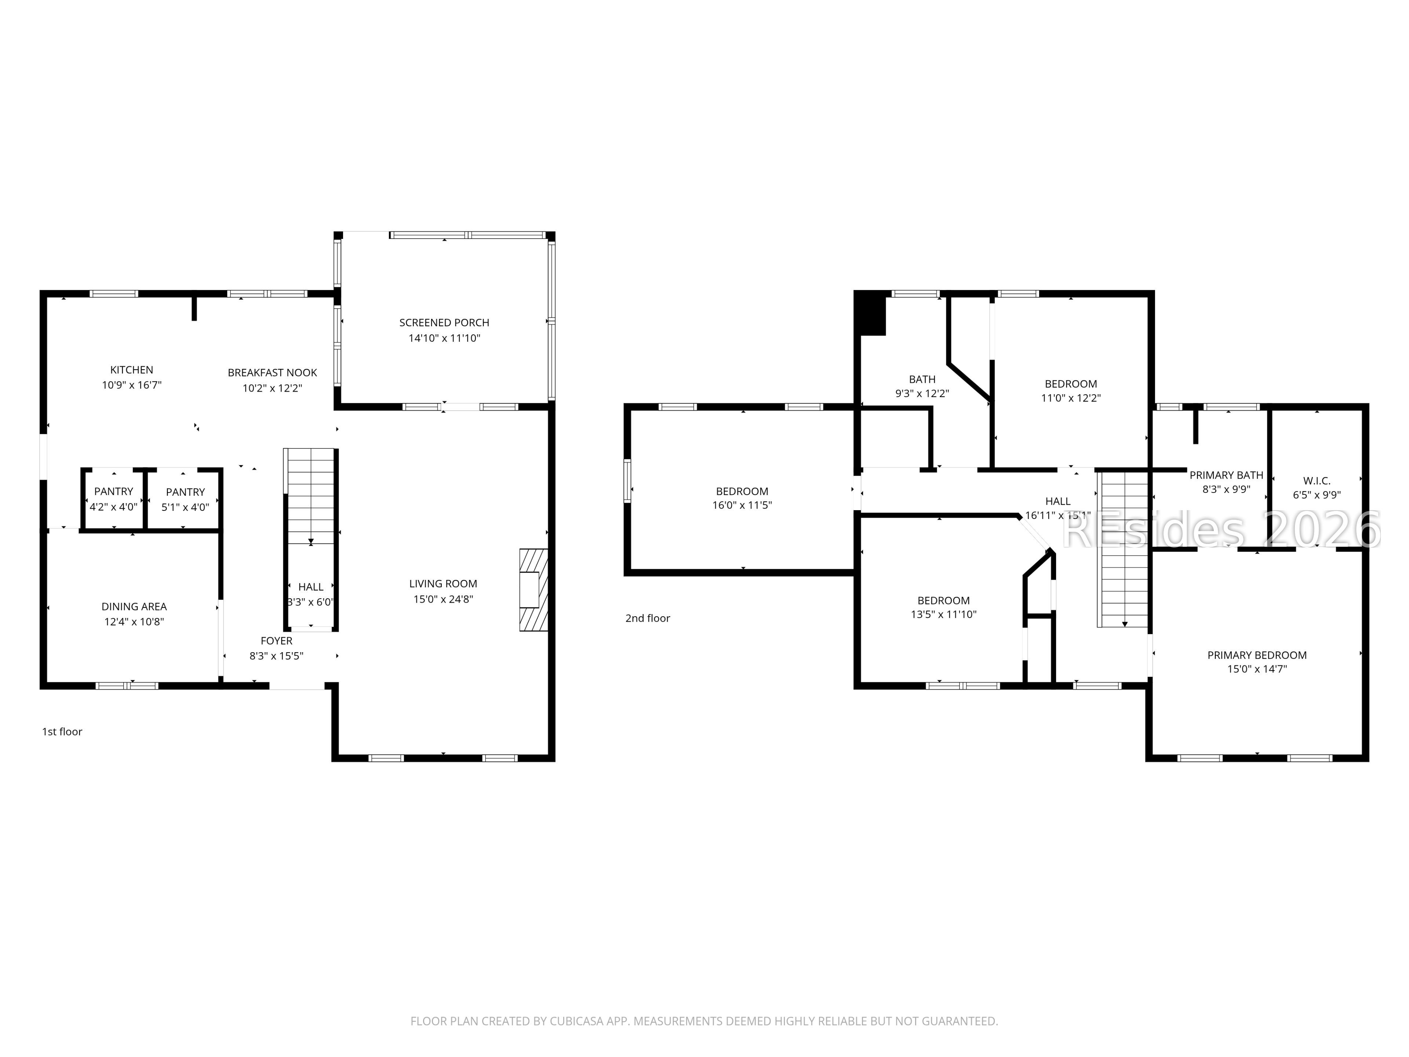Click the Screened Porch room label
[x=444, y=322]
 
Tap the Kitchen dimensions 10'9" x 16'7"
[x=132, y=385]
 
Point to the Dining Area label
[x=134, y=607]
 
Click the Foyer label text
[x=276, y=641]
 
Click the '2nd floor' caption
[x=647, y=618]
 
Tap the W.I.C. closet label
[x=1317, y=481]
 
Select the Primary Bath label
[x=1226, y=475]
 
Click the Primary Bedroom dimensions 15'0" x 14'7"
[x=1257, y=669]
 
